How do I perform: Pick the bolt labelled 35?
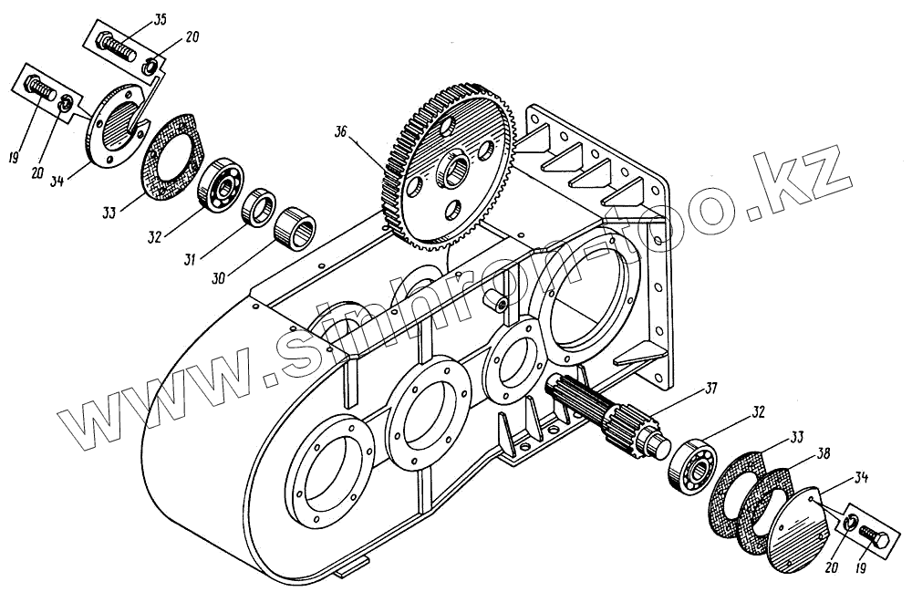(x=119, y=45)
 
